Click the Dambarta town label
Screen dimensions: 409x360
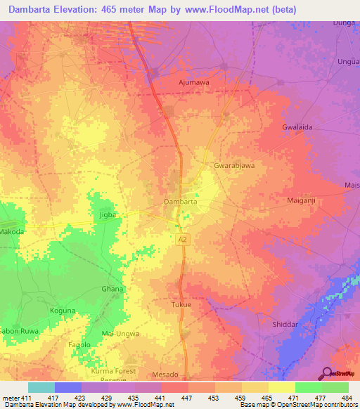180,202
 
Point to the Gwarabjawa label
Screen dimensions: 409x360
233,167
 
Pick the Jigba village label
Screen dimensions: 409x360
107,214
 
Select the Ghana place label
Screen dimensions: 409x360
112,289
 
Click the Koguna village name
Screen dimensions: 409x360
63,310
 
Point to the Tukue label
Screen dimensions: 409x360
181,305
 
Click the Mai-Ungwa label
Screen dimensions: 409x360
120,334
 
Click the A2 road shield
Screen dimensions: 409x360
183,240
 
